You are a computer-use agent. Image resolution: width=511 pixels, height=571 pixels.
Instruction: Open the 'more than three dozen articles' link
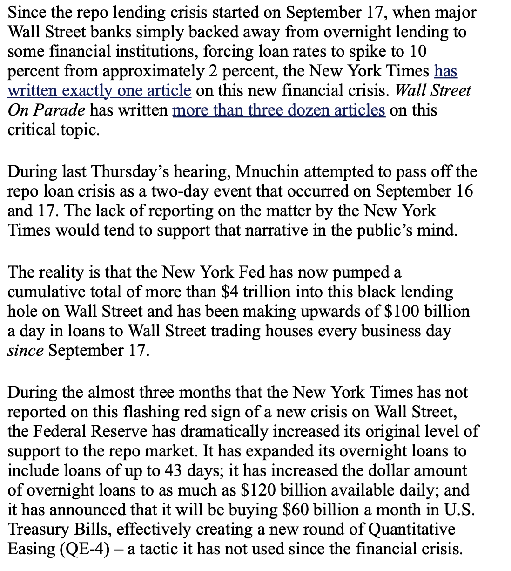click(x=278, y=110)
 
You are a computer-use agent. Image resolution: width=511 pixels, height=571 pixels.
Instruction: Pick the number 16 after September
click(x=464, y=191)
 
